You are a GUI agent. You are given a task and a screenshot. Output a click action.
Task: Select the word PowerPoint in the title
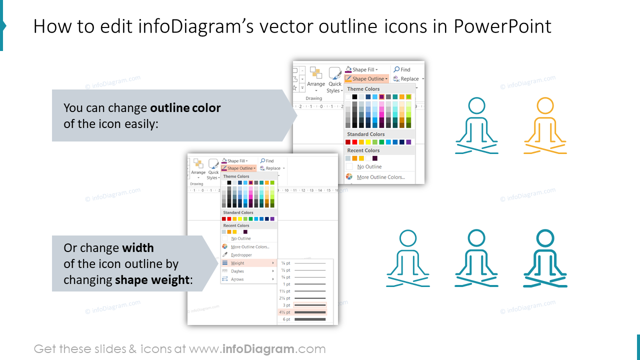click(x=502, y=26)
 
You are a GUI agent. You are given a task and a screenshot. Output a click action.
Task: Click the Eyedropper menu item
click(x=241, y=255)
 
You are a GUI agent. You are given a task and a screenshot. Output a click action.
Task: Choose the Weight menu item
click(x=237, y=263)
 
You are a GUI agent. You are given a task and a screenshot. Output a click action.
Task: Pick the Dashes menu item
click(x=237, y=271)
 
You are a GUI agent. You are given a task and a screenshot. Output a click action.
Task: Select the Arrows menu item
click(x=237, y=279)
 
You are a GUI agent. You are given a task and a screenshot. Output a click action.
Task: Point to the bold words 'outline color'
click(x=185, y=108)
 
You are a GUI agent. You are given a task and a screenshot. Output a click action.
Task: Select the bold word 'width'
click(x=137, y=248)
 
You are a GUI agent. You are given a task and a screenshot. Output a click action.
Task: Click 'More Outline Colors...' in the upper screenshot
click(x=380, y=177)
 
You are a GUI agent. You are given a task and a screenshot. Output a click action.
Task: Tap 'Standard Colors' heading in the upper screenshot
click(x=366, y=134)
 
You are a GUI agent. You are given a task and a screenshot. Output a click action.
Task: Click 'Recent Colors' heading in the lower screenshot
click(x=236, y=225)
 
